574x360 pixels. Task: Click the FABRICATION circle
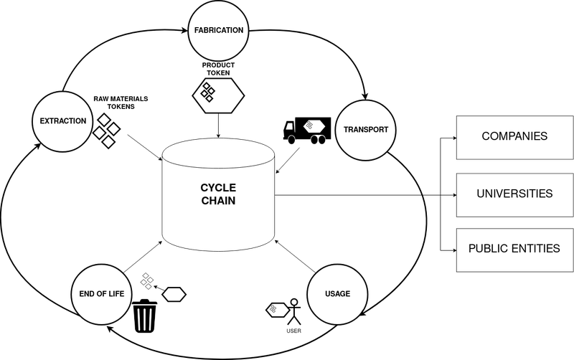[219, 31]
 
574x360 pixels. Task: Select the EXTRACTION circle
[63, 121]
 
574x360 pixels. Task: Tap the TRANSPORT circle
[366, 130]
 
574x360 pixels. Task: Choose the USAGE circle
[337, 294]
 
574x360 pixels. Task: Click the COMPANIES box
[514, 137]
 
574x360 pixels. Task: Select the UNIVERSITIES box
[514, 194]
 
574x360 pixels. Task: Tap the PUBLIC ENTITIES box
[514, 250]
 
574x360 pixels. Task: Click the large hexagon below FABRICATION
[217, 93]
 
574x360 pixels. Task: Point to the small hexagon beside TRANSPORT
[311, 125]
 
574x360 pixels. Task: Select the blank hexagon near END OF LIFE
[174, 294]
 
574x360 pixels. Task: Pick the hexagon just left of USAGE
[277, 310]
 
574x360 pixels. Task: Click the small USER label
[293, 331]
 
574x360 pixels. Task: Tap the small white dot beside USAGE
[293, 302]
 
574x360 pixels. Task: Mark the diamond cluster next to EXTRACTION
[106, 131]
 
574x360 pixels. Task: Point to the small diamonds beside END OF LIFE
[146, 280]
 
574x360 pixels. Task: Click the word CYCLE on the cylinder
[217, 188]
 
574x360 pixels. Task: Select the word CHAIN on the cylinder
[217, 202]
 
